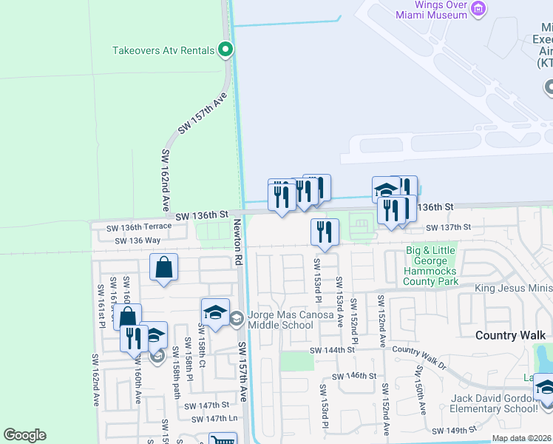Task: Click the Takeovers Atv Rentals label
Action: coord(163,50)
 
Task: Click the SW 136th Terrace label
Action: coord(138,227)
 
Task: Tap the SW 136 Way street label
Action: coord(138,240)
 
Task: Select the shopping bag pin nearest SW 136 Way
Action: coord(163,267)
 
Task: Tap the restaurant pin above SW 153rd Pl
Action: coord(324,232)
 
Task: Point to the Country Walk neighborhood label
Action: coord(509,335)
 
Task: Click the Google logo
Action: coord(24,435)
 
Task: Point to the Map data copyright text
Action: coord(521,438)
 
